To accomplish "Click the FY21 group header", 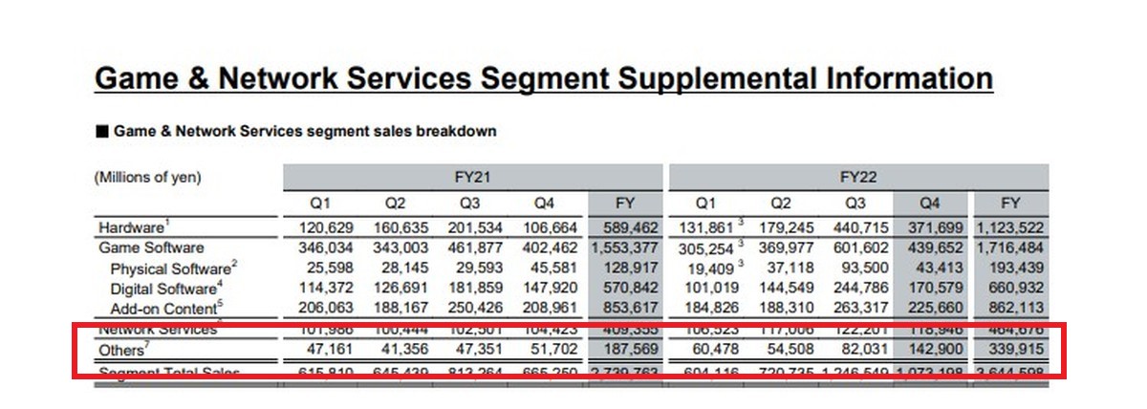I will click(472, 177).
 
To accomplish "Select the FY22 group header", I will click(857, 177).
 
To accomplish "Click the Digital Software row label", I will click(165, 289).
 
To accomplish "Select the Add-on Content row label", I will click(162, 308).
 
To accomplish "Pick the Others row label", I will click(125, 350).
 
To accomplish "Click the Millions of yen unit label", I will click(147, 177).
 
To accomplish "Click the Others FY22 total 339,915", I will click(1010, 350).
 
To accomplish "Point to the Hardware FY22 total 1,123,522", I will click(1010, 228).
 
